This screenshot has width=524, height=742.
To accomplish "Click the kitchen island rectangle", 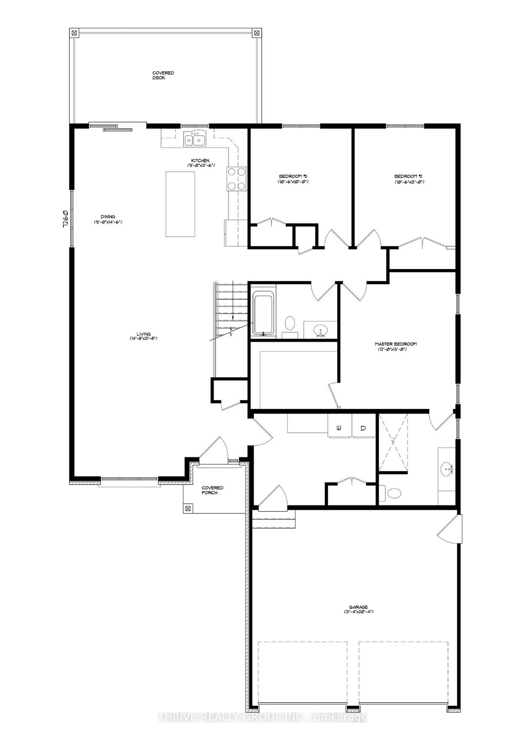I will [x=181, y=204].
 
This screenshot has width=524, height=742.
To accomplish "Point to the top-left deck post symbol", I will [x=74, y=33].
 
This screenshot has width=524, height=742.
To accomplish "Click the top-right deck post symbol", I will [x=257, y=33].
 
